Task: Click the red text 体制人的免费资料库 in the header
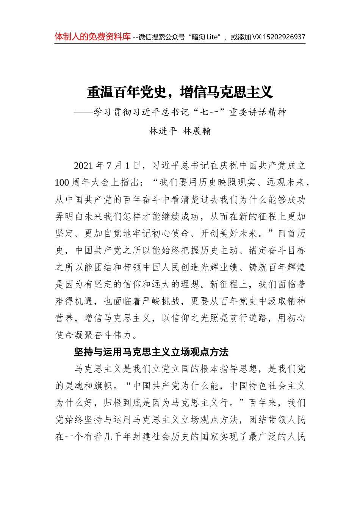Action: tap(92, 37)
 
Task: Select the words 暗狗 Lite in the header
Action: tap(205, 37)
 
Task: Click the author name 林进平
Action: tap(163, 131)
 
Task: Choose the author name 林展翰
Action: tap(197, 131)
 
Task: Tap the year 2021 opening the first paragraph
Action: tap(83, 166)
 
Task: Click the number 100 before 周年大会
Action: tap(62, 183)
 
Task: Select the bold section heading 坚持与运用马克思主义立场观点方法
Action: tap(151, 352)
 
